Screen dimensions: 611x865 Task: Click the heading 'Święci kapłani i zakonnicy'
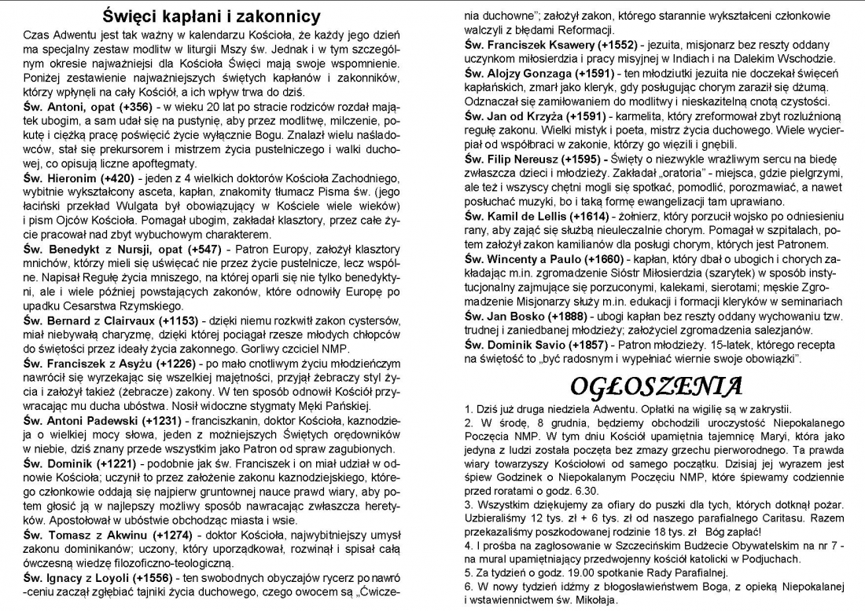click(x=212, y=16)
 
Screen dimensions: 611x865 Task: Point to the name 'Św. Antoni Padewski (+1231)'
click(x=101, y=420)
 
